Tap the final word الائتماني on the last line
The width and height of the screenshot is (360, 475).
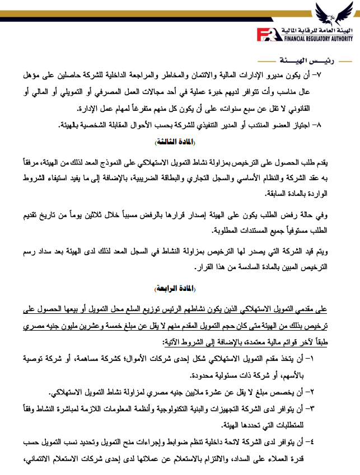28,460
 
